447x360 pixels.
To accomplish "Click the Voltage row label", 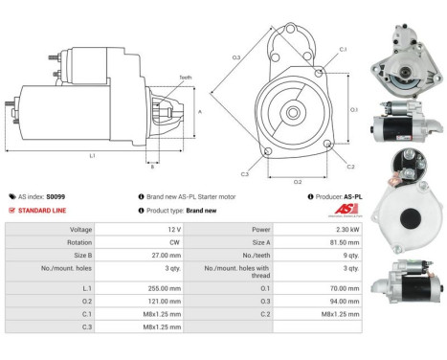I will (80, 230).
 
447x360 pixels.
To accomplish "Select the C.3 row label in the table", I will (86, 326).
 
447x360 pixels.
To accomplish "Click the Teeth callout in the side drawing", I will (184, 78).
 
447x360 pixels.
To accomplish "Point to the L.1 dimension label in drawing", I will (92, 154).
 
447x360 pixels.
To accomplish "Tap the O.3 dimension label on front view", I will (235, 60).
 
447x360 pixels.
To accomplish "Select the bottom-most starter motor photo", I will (410, 278).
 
